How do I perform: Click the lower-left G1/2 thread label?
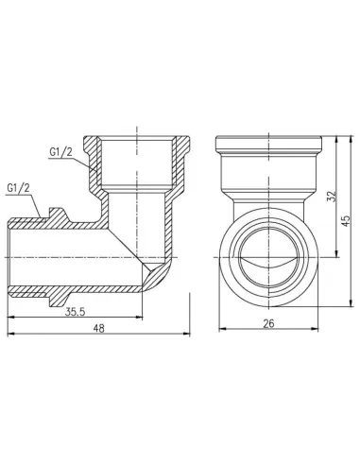coord(20,188)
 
